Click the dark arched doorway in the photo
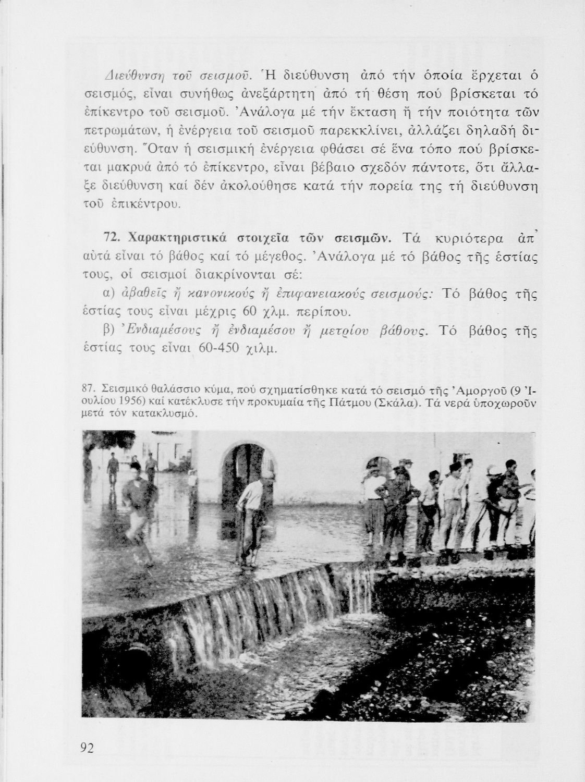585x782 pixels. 245,469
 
